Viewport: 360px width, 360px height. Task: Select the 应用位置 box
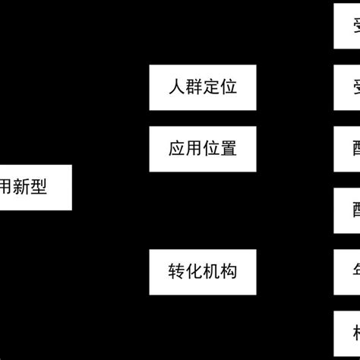tap(203, 148)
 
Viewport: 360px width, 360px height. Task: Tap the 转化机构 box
tap(203, 271)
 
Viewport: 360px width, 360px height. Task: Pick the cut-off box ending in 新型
tap(35, 188)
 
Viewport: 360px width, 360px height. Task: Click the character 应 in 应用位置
tap(177, 148)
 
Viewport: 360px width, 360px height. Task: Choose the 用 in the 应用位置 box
tap(194, 148)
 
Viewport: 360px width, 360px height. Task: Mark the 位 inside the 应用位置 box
tap(211, 148)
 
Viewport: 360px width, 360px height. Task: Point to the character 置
tap(229, 148)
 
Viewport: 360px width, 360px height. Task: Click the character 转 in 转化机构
tap(177, 271)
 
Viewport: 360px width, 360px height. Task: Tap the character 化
tap(194, 271)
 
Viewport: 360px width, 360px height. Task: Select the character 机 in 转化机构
tap(211, 271)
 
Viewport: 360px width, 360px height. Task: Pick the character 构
tap(229, 271)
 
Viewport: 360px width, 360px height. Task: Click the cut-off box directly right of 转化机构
tap(347, 271)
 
